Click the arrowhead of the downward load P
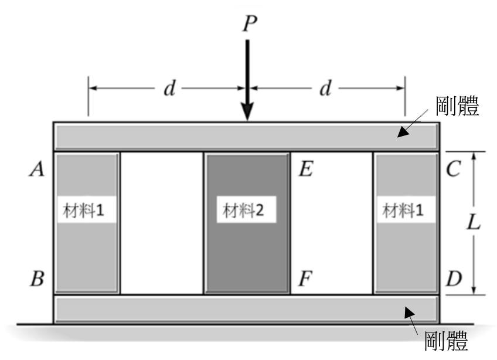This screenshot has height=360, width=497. (x=247, y=111)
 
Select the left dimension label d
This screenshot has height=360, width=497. (x=169, y=88)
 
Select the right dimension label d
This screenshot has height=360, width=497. (x=325, y=88)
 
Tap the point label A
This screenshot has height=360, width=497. (x=37, y=169)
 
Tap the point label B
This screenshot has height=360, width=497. (x=38, y=279)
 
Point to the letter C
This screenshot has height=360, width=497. (x=453, y=168)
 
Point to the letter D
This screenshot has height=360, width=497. (x=454, y=279)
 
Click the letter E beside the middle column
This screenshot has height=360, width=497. (x=306, y=168)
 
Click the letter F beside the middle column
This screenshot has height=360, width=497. (x=306, y=279)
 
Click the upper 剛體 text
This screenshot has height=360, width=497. (x=457, y=106)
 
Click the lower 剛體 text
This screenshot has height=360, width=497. (x=446, y=341)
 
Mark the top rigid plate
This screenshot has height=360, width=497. (x=246, y=137)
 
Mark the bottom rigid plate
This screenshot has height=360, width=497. (x=246, y=309)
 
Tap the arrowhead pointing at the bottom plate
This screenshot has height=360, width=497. (x=409, y=313)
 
